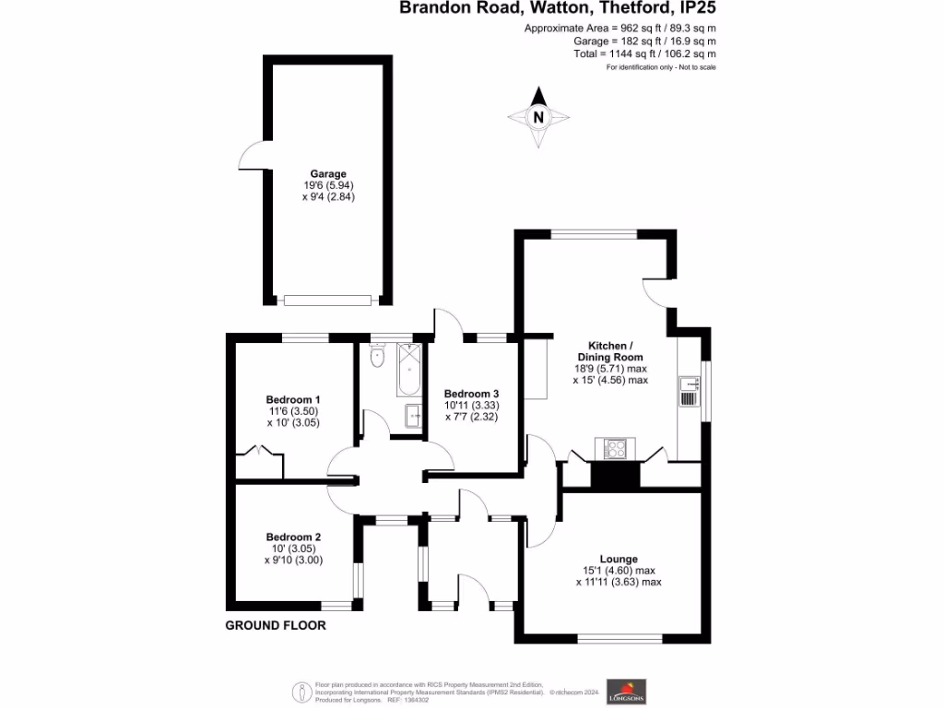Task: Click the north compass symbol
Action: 539,118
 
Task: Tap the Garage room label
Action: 328,173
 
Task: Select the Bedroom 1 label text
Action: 288,400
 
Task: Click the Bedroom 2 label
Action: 293,537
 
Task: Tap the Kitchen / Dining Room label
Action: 610,350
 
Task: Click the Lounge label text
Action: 619,559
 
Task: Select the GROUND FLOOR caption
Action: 276,625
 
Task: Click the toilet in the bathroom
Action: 375,356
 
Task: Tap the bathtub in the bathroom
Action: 409,368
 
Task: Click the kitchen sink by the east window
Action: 687,391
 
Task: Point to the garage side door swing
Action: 252,159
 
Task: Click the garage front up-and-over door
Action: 327,300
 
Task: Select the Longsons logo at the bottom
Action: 628,690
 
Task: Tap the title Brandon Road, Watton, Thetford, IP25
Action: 558,8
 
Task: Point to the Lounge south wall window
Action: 619,638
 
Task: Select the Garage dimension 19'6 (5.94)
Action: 328,185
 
